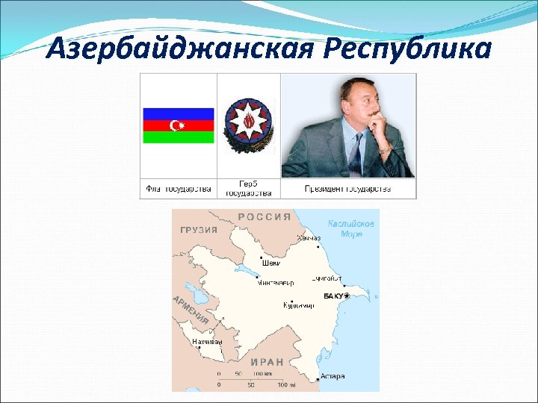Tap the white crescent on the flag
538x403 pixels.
[x=177, y=125]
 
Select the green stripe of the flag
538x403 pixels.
[x=178, y=137]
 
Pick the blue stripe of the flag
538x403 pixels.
[x=178, y=113]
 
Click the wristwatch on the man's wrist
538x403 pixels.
[x=385, y=149]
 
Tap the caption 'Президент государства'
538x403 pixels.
[x=347, y=189]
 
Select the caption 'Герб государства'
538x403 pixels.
[x=249, y=188]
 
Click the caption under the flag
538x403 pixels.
[x=179, y=189]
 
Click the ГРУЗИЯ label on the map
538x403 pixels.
[x=199, y=231]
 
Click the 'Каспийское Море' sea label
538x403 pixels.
[x=350, y=228]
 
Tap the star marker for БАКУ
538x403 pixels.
[x=346, y=296]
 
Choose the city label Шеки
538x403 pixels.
[x=271, y=263]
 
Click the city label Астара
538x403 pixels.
[x=332, y=376]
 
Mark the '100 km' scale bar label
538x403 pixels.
[x=262, y=372]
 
